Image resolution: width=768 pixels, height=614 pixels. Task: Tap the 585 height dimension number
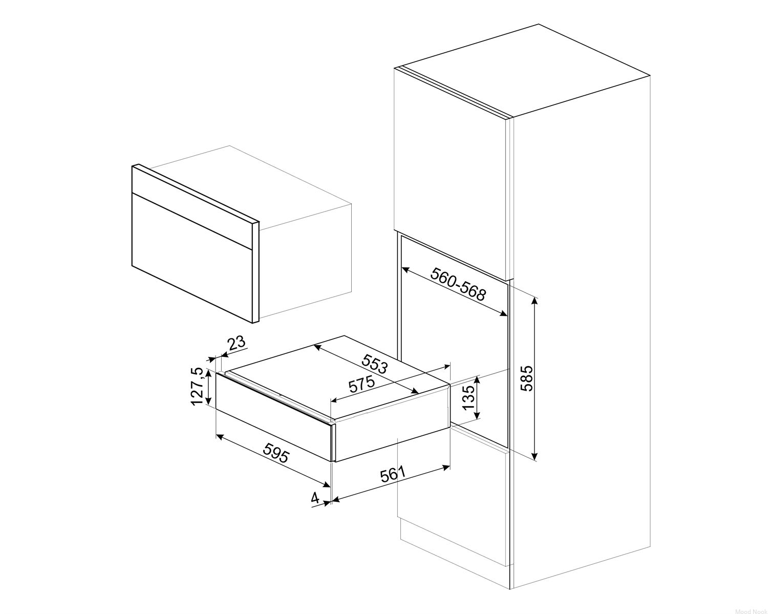point(527,378)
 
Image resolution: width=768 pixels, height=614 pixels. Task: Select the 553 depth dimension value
point(374,364)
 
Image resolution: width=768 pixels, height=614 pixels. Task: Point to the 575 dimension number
point(362,384)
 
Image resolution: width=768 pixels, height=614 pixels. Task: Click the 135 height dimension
point(468,397)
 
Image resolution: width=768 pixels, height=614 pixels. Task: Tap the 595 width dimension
point(276,452)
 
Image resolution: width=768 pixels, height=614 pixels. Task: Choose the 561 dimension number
point(393,474)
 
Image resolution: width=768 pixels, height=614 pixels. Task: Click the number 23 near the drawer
point(237,343)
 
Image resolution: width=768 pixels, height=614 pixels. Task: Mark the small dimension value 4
point(315,498)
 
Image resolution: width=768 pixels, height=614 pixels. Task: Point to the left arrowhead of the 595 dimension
point(220,437)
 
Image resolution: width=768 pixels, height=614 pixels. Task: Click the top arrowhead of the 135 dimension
point(477,380)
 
